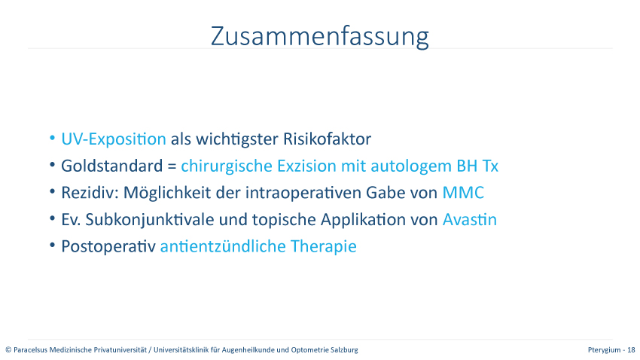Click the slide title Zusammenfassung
319,37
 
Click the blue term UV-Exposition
114,139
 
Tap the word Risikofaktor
327,139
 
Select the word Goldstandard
112,166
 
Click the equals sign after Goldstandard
172,166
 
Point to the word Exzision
306,166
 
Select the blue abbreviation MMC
463,193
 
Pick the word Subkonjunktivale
149,220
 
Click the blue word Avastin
470,220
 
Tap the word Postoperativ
108,246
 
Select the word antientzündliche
223,246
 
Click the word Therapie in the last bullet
323,246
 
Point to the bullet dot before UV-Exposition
52,138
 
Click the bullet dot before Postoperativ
52,246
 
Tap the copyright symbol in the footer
8,349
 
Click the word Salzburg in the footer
345,349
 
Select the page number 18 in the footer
631,349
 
